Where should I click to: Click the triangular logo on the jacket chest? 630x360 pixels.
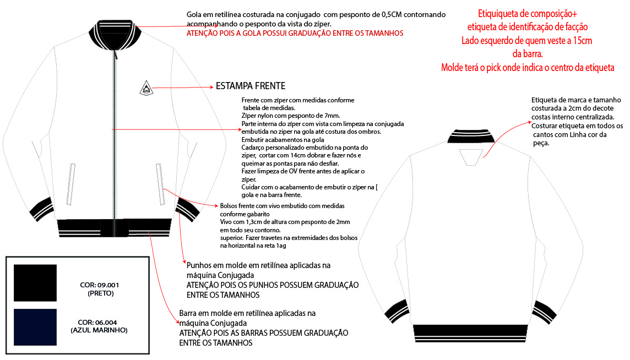pyautogui.click(x=145, y=89)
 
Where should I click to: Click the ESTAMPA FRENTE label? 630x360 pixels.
pyautogui.click(x=251, y=86)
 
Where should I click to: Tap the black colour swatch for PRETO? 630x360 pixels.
pyautogui.click(x=35, y=283)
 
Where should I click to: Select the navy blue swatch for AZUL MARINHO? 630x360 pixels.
pyautogui.click(x=35, y=327)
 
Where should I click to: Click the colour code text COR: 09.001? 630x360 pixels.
pyautogui.click(x=100, y=285)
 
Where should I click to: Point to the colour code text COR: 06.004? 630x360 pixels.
pyautogui.click(x=99, y=323)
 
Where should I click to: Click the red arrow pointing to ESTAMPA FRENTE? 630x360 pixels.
pyautogui.click(x=182, y=87)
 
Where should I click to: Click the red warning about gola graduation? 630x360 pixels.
pyautogui.click(x=295, y=33)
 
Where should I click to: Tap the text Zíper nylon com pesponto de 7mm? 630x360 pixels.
pyautogui.click(x=290, y=116)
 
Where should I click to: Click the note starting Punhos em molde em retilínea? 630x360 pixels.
pyautogui.click(x=259, y=265)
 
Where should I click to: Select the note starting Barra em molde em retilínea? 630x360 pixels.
pyautogui.click(x=247, y=313)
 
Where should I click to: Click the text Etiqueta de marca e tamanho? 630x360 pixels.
pyautogui.click(x=576, y=100)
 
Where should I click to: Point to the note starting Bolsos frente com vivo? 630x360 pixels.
pyautogui.click(x=282, y=206)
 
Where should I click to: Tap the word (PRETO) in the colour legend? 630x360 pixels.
pyautogui.click(x=100, y=293)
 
